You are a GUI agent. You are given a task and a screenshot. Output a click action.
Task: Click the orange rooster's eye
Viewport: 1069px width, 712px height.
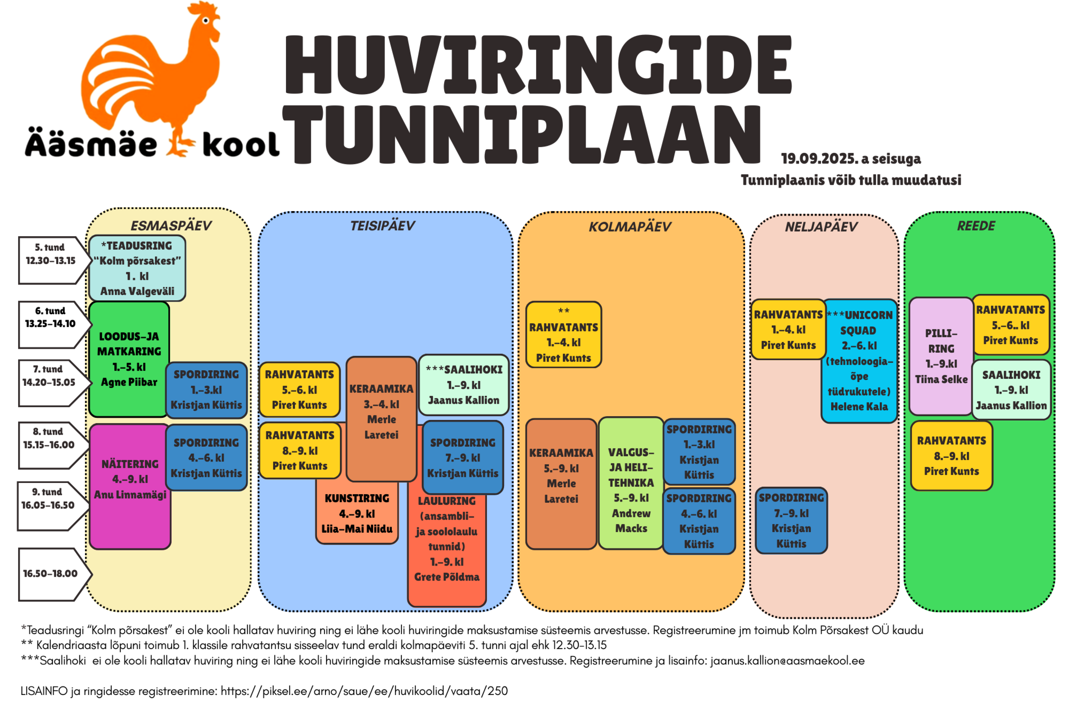(x=205, y=20)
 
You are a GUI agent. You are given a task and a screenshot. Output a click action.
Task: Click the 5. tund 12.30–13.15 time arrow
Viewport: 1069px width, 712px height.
(x=51, y=260)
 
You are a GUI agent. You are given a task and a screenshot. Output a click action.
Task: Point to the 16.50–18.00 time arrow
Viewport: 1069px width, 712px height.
(x=51, y=574)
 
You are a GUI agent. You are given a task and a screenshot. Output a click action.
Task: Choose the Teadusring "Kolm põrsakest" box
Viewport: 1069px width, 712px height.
(x=137, y=268)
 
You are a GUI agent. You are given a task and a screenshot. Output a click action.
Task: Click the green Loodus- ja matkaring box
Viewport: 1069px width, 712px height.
(x=129, y=359)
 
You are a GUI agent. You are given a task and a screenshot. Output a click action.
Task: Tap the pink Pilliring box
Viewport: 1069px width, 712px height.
(x=941, y=357)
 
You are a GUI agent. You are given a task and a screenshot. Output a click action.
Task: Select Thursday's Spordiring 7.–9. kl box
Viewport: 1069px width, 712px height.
(x=791, y=520)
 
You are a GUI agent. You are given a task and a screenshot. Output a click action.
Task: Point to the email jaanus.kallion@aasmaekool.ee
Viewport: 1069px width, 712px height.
(x=787, y=661)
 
